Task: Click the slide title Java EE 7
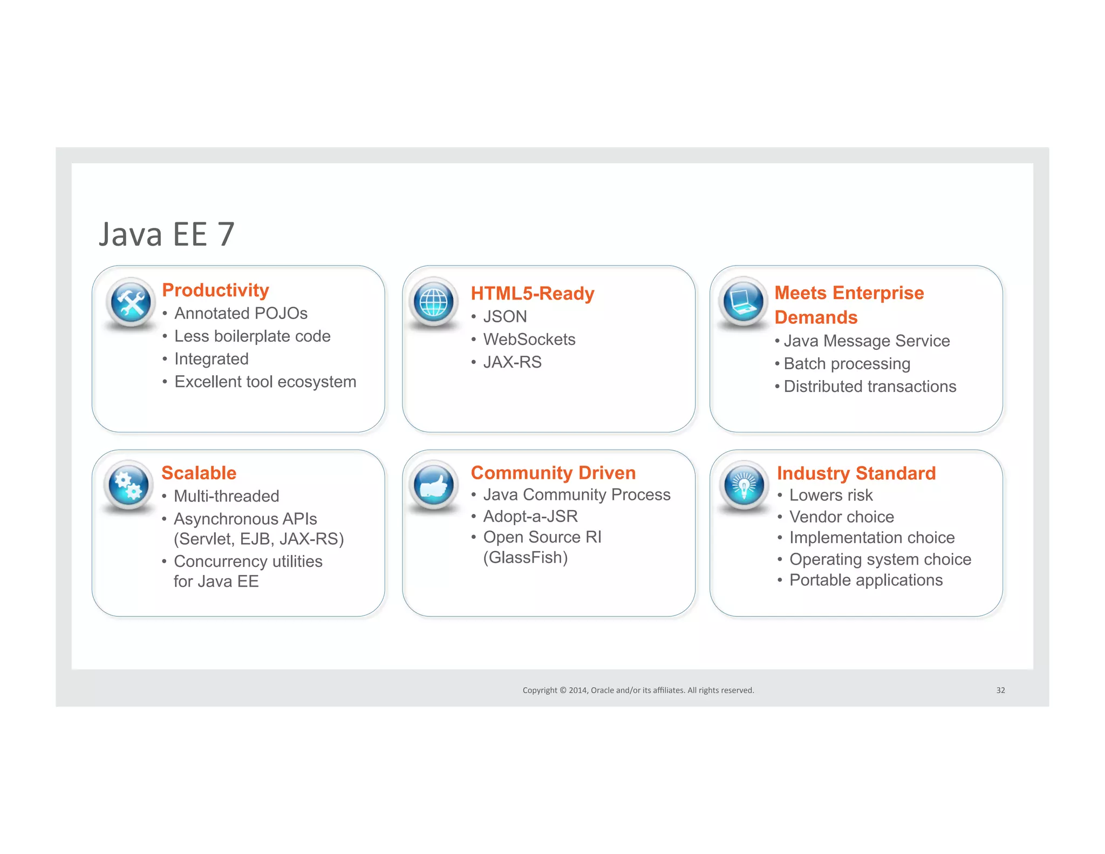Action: click(x=166, y=235)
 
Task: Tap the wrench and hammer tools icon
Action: click(x=131, y=302)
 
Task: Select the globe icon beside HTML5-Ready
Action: click(x=434, y=302)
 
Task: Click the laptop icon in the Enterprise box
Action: click(x=744, y=301)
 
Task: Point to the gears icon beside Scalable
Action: click(x=129, y=485)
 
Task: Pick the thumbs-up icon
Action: click(x=434, y=485)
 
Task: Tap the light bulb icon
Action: click(x=744, y=484)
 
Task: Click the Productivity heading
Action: click(x=215, y=290)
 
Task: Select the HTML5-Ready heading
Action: click(x=532, y=293)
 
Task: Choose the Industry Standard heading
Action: click(x=856, y=473)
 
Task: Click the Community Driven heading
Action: click(x=553, y=472)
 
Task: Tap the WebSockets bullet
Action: click(x=529, y=339)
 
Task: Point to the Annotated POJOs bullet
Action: click(x=241, y=313)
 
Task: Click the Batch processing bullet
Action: click(x=847, y=363)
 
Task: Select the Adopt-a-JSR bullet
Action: click(x=530, y=516)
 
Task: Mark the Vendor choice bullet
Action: click(x=841, y=517)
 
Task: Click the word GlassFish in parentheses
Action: click(x=525, y=557)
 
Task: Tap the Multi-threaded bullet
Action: click(x=226, y=496)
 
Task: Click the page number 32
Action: click(x=1000, y=690)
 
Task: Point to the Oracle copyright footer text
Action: click(x=638, y=690)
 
